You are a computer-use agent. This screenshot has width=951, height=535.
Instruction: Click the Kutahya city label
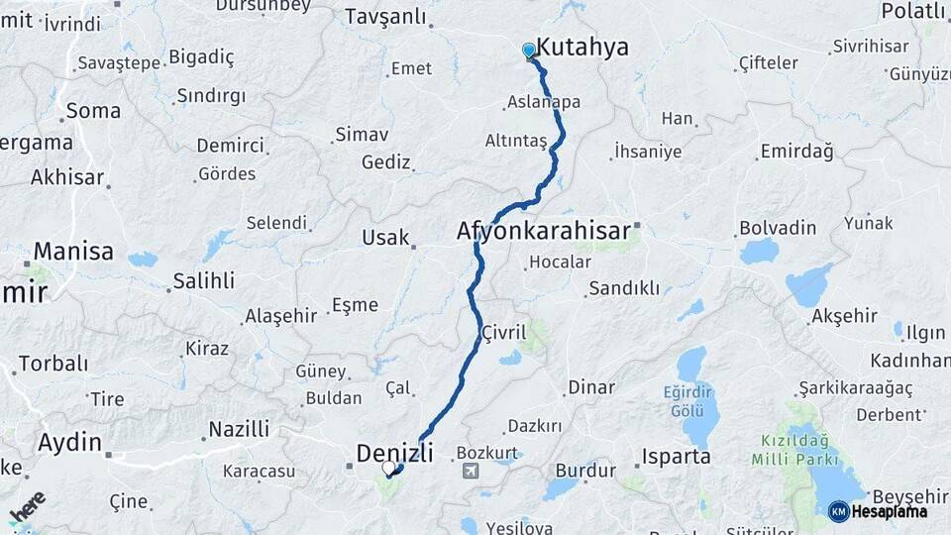582,49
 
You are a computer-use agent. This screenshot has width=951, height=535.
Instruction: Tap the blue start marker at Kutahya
529,50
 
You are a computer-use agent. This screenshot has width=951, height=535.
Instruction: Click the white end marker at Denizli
389,468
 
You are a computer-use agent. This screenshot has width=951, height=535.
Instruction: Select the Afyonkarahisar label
543,231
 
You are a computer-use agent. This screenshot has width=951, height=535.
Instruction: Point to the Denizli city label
394,453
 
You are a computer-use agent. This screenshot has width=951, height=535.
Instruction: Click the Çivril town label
504,333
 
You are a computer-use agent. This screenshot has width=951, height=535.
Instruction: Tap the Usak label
385,238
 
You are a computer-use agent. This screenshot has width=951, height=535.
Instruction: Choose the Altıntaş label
516,141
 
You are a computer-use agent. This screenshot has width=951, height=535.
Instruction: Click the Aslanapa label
544,102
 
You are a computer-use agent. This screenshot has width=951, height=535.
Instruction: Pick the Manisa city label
73,251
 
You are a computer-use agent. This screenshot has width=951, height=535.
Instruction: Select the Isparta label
677,457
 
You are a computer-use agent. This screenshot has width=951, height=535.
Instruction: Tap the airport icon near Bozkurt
472,469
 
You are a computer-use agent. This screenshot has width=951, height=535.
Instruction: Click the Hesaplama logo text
889,511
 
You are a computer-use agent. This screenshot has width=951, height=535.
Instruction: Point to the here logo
28,506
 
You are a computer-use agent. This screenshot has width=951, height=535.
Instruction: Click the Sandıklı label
624,288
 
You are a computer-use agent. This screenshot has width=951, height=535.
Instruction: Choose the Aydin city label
69,443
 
